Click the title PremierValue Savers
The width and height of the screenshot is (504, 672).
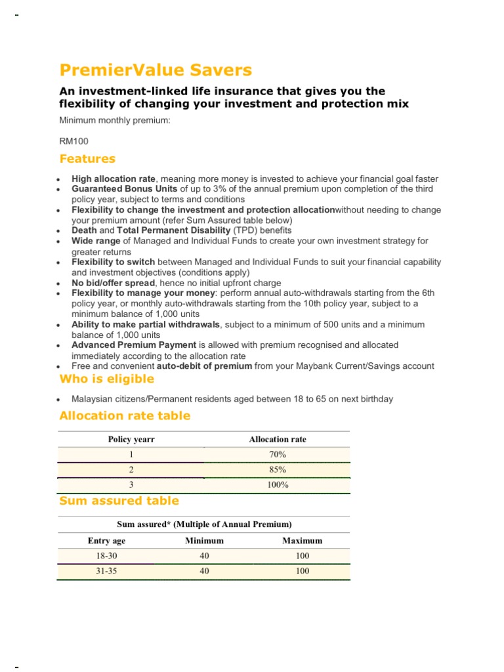pyautogui.click(x=156, y=70)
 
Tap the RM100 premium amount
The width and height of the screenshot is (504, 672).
pyautogui.click(x=73, y=141)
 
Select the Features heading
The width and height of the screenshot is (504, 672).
pyautogui.click(x=87, y=159)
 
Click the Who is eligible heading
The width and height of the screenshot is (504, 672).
pyautogui.click(x=107, y=379)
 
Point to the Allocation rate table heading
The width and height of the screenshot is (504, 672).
pyautogui.click(x=125, y=415)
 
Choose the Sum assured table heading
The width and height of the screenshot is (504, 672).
pyautogui.click(x=119, y=501)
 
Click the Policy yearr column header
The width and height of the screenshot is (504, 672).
pyautogui.click(x=131, y=440)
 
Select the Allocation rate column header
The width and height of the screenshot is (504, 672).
pyautogui.click(x=278, y=440)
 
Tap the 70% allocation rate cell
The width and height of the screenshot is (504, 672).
pyautogui.click(x=278, y=455)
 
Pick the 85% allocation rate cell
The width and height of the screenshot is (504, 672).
pyautogui.click(x=278, y=470)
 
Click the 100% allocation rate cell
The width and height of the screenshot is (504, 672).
pyautogui.click(x=278, y=485)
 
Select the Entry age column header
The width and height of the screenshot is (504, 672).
pyautogui.click(x=106, y=541)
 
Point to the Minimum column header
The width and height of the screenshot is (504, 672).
pyautogui.click(x=204, y=541)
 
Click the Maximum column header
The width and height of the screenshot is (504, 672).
pyautogui.click(x=302, y=541)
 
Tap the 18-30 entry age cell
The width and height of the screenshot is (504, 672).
pyautogui.click(x=106, y=556)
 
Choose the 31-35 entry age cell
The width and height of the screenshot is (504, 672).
pyautogui.click(x=106, y=571)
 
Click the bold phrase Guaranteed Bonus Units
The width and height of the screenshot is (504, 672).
pyautogui.click(x=124, y=189)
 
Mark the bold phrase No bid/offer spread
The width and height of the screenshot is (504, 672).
pyautogui.click(x=114, y=282)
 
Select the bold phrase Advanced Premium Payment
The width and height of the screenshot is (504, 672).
pyautogui.click(x=134, y=345)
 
